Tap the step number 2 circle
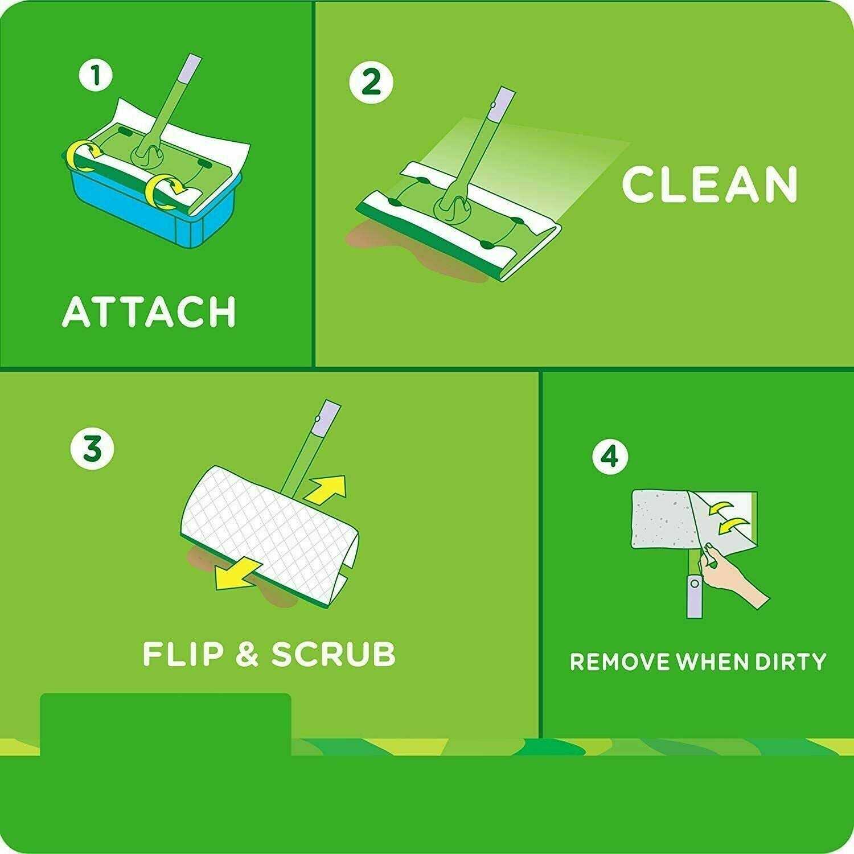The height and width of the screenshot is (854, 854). pyautogui.click(x=371, y=83)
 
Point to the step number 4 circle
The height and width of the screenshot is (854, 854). pyautogui.click(x=610, y=456)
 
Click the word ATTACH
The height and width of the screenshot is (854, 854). pyautogui.click(x=149, y=311)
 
